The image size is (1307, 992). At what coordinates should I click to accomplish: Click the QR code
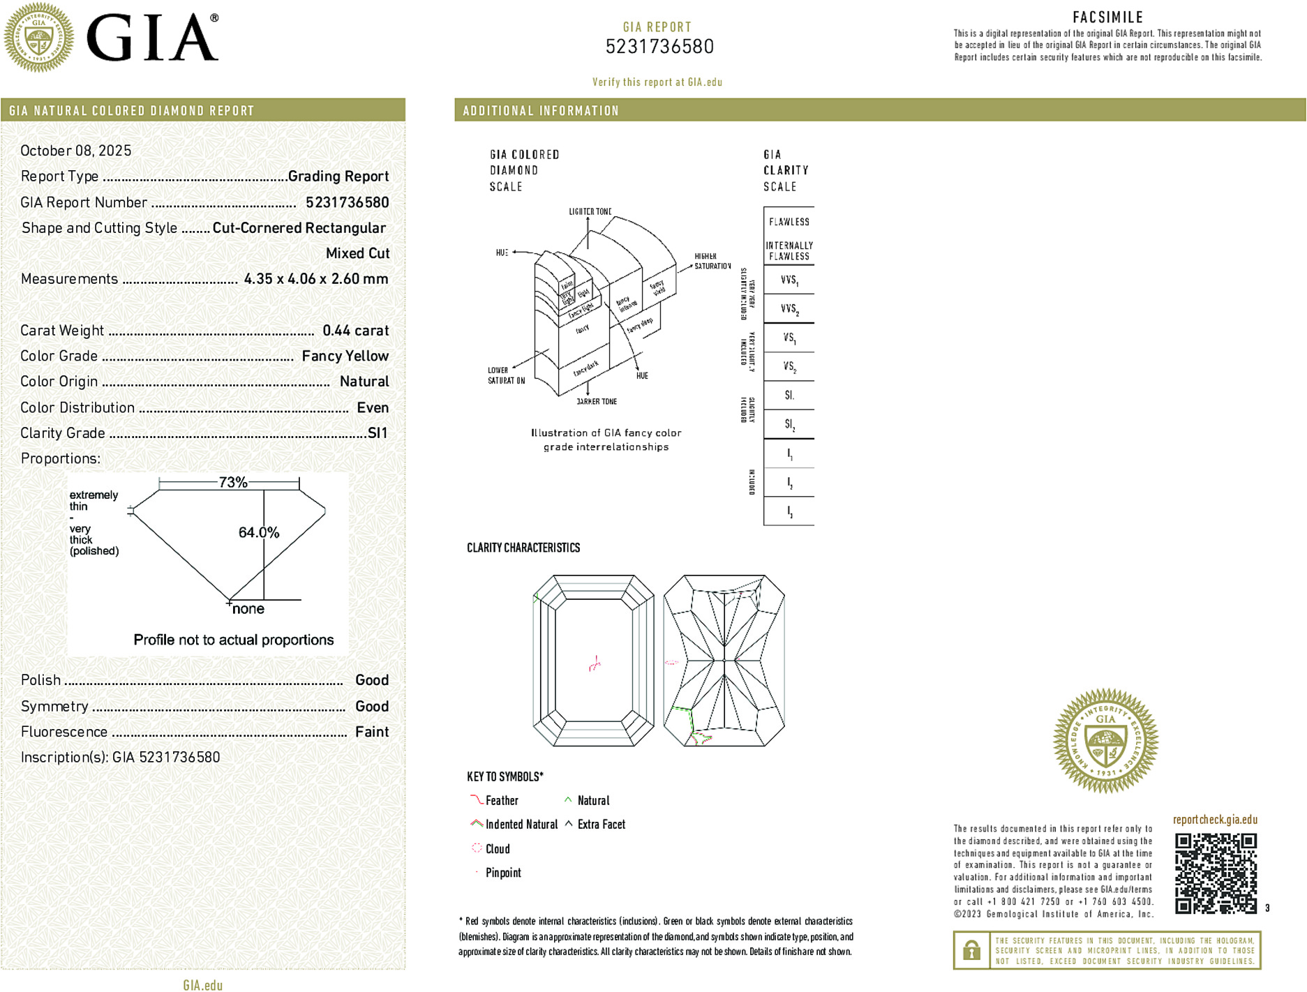click(1216, 873)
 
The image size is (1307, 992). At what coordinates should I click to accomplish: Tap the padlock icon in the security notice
click(971, 950)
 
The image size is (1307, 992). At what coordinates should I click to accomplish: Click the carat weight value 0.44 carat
click(355, 331)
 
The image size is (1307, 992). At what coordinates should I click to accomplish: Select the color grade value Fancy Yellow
click(345, 356)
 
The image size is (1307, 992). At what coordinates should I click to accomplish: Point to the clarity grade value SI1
click(377, 433)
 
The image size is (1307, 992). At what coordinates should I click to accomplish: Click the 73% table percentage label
click(232, 483)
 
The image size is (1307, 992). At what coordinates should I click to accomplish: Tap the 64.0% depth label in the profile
click(258, 533)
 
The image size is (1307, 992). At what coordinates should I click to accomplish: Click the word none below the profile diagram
click(248, 609)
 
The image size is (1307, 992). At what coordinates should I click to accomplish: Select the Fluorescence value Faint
click(371, 732)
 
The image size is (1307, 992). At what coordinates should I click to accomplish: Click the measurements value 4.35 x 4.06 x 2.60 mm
click(315, 279)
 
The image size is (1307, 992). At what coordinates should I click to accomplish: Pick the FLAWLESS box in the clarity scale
click(789, 222)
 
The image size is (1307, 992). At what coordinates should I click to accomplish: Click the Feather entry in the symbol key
click(501, 801)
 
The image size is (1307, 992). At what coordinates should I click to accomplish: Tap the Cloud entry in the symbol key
click(497, 849)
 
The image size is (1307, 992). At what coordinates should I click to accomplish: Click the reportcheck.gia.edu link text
click(1215, 820)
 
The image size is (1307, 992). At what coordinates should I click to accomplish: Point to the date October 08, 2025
click(75, 151)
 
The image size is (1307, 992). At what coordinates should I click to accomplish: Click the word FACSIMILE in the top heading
click(1107, 17)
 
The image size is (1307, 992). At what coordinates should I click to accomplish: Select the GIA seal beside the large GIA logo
click(38, 38)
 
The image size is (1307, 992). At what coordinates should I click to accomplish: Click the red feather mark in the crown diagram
click(595, 663)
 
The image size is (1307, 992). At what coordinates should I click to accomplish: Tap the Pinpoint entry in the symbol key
click(502, 873)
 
